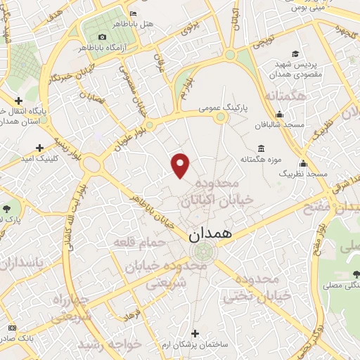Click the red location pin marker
click(x=181, y=165)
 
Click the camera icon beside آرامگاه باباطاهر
click(x=103, y=37)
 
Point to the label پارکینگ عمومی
click(x=220, y=108)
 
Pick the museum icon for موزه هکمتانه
click(x=262, y=148)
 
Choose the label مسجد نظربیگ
click(x=304, y=172)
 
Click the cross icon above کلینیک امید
click(x=39, y=147)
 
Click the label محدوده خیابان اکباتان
click(x=205, y=193)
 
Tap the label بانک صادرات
click(x=21, y=339)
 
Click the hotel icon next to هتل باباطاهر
click(x=134, y=13)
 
